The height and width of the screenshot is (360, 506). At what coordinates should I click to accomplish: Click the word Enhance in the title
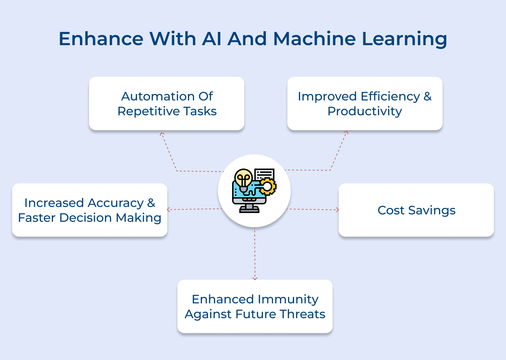(x=101, y=38)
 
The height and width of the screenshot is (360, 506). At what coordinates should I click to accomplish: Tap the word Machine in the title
(x=314, y=38)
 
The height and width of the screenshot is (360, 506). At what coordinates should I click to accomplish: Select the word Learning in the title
(x=404, y=39)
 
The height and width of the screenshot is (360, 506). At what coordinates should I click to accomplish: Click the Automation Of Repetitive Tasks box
(x=167, y=103)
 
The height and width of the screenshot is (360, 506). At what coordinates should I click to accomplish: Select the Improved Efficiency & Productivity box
(x=365, y=103)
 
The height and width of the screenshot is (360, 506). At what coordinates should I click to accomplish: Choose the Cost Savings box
(x=416, y=210)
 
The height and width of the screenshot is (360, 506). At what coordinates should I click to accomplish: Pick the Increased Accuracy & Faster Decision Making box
(x=90, y=210)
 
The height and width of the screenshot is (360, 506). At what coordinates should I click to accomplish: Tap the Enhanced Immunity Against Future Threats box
(x=255, y=306)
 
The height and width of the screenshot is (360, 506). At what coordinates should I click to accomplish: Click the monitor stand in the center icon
(x=249, y=208)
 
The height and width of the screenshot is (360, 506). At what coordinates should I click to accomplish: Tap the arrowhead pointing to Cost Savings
(x=337, y=210)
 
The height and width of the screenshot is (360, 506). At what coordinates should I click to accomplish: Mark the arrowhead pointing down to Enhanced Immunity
(x=255, y=278)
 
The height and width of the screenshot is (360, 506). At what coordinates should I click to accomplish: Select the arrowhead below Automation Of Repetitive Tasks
(x=162, y=134)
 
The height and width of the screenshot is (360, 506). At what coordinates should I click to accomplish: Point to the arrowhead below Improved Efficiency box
(x=346, y=133)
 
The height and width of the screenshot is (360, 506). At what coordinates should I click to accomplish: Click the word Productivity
(x=365, y=111)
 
